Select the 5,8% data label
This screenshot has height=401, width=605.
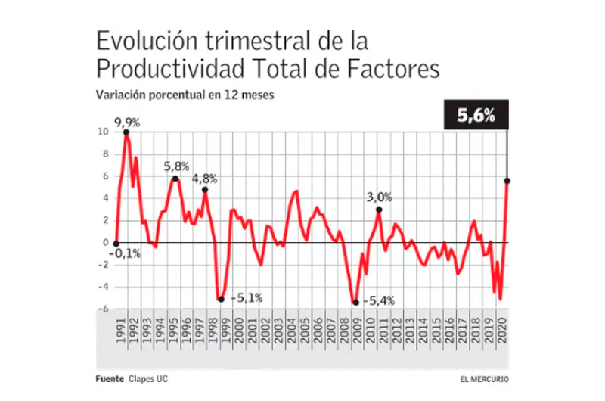pyautogui.click(x=175, y=166)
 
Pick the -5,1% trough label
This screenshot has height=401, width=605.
pyautogui.click(x=246, y=297)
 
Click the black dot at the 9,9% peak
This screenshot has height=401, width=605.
pyautogui.click(x=126, y=133)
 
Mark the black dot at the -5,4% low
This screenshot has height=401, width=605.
pyautogui.click(x=355, y=303)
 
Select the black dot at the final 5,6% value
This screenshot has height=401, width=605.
pyautogui.click(x=507, y=180)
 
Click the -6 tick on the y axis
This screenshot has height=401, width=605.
pyautogui.click(x=104, y=309)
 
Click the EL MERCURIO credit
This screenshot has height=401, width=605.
pyautogui.click(x=484, y=378)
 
